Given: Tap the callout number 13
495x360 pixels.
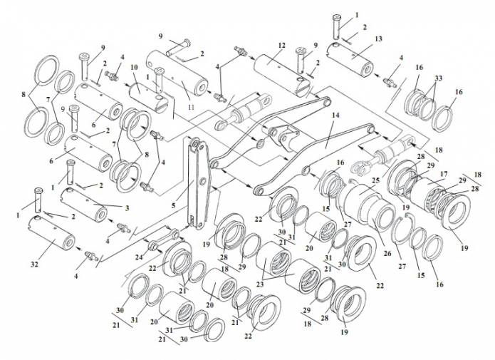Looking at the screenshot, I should (x=378, y=38).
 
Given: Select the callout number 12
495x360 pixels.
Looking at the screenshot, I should (x=282, y=46).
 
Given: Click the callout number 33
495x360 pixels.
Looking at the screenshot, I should (x=438, y=78).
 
